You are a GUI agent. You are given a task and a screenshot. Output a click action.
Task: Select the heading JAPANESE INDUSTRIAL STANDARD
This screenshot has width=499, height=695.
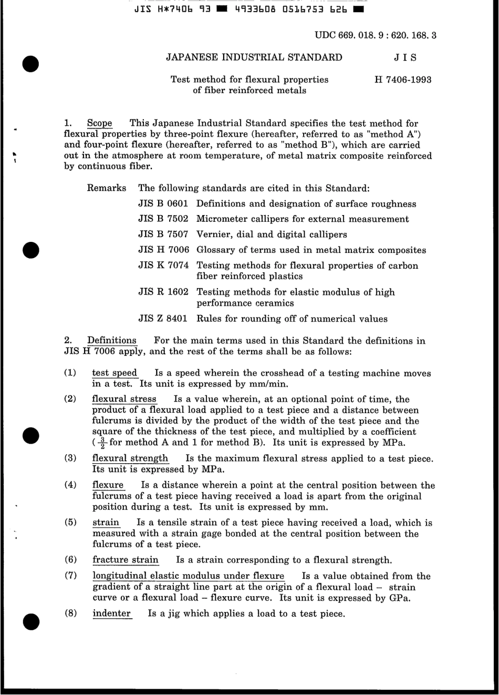click(254, 57)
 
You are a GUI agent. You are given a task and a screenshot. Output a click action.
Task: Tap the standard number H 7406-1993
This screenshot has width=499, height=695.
click(403, 79)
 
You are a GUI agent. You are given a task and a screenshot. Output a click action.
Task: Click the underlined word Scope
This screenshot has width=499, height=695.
click(99, 123)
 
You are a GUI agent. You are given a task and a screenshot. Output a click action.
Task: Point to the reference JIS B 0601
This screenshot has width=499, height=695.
click(163, 203)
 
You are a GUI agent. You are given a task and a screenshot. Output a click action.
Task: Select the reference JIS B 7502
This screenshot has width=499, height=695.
click(163, 219)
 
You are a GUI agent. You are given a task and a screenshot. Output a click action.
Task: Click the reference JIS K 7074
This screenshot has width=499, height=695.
click(163, 265)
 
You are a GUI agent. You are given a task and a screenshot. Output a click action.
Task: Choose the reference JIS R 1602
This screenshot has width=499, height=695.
click(163, 292)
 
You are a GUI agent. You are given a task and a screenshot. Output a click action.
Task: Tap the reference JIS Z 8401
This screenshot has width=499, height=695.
click(163, 319)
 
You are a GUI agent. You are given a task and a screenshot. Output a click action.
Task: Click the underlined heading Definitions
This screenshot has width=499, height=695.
click(111, 340)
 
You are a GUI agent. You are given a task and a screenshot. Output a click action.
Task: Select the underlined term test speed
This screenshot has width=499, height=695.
click(115, 373)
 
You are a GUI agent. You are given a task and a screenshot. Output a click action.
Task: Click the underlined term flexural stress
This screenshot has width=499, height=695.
click(124, 399)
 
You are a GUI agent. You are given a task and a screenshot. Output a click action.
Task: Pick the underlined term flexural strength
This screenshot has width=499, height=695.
click(130, 458)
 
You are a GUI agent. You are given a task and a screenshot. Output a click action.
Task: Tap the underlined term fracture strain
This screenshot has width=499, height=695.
click(125, 560)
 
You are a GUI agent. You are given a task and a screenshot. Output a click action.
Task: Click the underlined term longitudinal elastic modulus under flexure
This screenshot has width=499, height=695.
click(188, 576)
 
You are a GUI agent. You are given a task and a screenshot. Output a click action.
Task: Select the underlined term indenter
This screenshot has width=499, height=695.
click(111, 613)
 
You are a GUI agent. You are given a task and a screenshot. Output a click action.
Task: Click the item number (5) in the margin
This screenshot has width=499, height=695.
click(71, 522)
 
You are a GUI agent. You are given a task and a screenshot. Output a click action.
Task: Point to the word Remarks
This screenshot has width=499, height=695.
click(106, 188)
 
